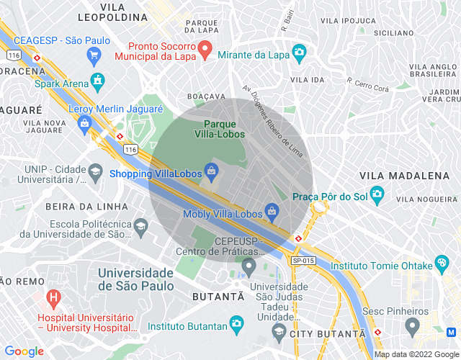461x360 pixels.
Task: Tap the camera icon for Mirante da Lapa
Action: pyautogui.click(x=298, y=53)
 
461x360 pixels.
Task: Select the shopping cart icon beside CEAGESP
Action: pyautogui.click(x=93, y=55)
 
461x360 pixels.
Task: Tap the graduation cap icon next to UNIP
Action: pyautogui.click(x=95, y=171)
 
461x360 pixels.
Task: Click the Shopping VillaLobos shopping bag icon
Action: pyautogui.click(x=211, y=171)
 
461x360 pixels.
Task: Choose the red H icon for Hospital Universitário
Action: pyautogui.click(x=53, y=297)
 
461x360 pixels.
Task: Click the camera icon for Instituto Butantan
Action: pyautogui.click(x=237, y=325)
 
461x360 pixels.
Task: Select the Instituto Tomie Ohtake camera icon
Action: pyautogui.click(x=442, y=266)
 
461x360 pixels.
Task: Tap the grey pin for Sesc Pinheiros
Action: pyautogui.click(x=412, y=327)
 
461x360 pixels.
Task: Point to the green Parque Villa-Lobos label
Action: pyautogui.click(x=220, y=129)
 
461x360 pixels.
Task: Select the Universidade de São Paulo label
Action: pyautogui.click(x=135, y=279)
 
